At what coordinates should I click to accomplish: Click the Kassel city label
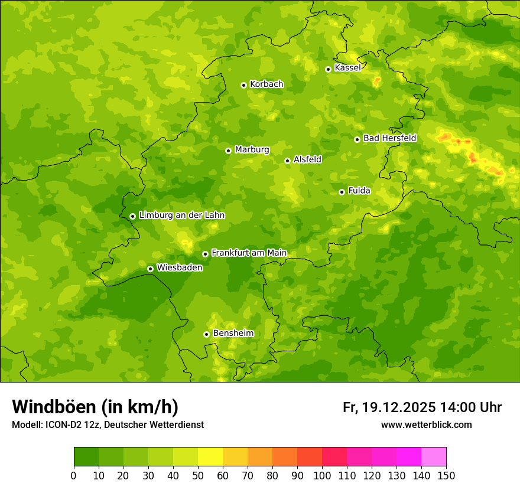point(347,68)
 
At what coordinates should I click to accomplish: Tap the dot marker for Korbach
point(243,85)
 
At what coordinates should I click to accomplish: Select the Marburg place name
point(252,150)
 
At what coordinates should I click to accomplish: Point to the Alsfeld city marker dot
point(287,161)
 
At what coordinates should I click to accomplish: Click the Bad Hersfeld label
point(389,138)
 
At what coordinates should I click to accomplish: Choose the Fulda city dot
point(342,192)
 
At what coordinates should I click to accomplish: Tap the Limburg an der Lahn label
point(181,215)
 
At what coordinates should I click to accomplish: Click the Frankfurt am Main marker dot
point(205,254)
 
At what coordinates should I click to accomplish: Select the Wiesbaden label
point(180,267)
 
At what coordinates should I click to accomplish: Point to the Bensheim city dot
point(206,334)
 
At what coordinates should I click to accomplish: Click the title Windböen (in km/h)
point(95,407)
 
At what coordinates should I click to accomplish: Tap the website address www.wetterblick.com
point(426,424)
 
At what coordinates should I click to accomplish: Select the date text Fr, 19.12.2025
point(389,407)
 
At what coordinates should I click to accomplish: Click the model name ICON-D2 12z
point(71,425)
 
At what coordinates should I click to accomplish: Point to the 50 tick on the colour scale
point(198,475)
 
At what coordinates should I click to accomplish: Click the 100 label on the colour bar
point(322,475)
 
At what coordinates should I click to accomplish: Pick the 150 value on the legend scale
point(446,475)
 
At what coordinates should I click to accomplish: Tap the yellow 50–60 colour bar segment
point(210,457)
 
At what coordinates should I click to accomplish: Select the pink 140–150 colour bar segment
point(434,457)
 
